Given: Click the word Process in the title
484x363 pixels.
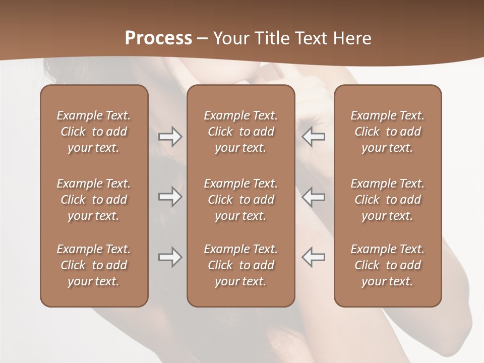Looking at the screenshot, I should coord(158,38).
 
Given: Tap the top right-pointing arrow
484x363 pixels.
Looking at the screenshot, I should coord(170,137).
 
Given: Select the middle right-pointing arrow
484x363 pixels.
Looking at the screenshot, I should coord(170,197).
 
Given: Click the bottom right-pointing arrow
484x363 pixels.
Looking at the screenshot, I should coord(170,257).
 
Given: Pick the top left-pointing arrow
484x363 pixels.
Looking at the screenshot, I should coord(313,137).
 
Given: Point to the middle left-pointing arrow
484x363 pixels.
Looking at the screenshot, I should coord(313,197).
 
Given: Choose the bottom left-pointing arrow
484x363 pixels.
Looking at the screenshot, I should coord(313,257).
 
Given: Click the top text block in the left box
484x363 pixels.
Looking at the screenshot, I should coord(94,132).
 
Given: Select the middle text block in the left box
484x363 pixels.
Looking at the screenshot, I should coord(94,200).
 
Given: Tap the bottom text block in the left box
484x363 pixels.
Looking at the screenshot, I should coord(94,265).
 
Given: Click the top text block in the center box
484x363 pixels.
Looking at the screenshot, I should coord(240,132).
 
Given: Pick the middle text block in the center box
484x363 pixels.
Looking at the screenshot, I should coord(240,200).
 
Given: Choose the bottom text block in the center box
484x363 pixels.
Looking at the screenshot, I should coord(240,265).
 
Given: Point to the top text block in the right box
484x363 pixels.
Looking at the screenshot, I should coord(387,132).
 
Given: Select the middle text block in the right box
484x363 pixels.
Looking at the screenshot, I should coord(387,200).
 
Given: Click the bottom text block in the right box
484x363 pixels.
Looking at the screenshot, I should coord(387,265).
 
